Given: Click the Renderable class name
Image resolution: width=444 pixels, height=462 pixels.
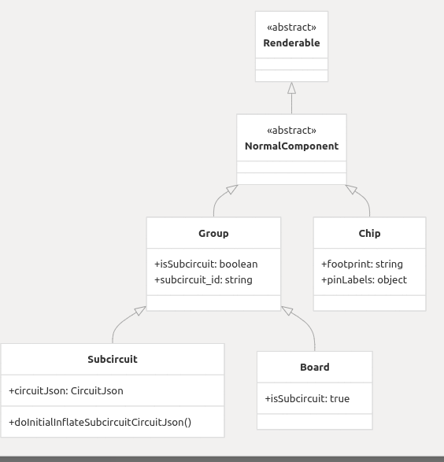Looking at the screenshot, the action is point(291,43).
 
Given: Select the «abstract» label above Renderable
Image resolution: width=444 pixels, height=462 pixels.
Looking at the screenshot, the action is point(291,27).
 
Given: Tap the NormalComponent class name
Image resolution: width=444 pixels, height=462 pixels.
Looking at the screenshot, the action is point(291,146).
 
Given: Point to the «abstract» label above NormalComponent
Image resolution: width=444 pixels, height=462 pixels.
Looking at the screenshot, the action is point(291,130).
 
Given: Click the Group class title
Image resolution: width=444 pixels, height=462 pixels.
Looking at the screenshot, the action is point(213,233).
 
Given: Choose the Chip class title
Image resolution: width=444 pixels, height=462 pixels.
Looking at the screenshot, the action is point(369,233).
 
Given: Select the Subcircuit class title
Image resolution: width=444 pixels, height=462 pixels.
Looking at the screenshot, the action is point(113,359).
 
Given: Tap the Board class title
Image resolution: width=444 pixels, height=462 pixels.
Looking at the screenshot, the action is point(315,367).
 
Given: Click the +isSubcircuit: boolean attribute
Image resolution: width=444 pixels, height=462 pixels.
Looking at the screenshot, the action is point(206,264).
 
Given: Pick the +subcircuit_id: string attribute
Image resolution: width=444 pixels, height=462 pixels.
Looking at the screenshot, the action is point(203,280).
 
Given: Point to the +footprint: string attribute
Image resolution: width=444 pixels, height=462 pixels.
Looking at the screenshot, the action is point(362,264).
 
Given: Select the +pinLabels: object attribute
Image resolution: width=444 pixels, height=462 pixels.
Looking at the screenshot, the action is point(364,280).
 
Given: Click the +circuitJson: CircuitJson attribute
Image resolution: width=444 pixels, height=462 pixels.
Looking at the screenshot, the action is point(66,390).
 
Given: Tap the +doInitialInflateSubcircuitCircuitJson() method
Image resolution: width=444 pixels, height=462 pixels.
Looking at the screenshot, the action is point(100,422).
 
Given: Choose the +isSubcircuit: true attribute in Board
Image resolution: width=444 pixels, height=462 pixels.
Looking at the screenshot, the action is point(307,399).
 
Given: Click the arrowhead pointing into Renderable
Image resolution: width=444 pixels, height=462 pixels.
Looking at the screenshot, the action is point(292,88).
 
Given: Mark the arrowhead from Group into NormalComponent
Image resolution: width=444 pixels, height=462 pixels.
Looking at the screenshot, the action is point(232,190).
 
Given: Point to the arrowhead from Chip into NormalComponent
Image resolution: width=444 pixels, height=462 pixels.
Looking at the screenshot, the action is point(351,190).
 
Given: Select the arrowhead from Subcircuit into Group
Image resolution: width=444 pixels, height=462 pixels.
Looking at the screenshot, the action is point(140,311).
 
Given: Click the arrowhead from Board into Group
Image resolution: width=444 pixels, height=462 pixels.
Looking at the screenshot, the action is point(287,311).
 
